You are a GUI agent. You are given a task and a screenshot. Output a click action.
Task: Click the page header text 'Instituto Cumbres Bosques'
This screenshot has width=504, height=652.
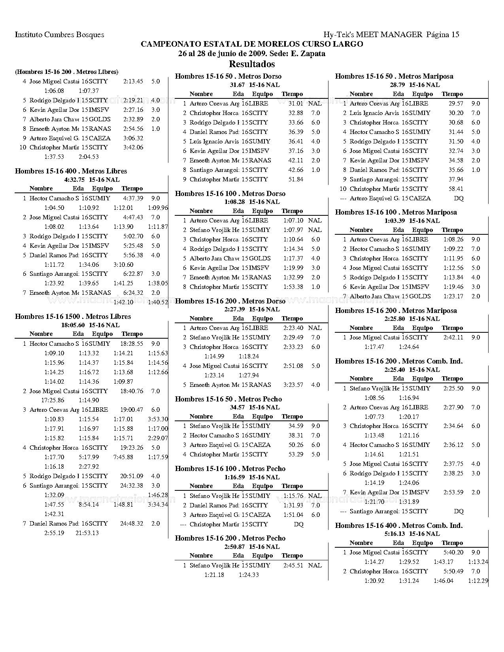[x=59, y=35]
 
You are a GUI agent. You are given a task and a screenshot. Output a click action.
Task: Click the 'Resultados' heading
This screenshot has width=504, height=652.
[x=252, y=64]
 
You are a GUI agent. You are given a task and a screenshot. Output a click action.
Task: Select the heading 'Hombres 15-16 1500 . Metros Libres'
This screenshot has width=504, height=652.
[x=73, y=317]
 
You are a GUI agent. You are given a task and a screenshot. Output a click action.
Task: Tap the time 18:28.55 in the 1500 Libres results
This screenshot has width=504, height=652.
[x=132, y=344]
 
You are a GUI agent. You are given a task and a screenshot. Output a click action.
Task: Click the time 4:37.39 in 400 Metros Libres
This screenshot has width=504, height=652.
[x=133, y=198]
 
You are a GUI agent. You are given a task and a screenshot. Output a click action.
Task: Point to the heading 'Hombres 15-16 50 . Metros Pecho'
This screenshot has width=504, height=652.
[x=228, y=399]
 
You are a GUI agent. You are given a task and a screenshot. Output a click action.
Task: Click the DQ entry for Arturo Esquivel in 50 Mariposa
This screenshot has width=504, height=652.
[x=459, y=198]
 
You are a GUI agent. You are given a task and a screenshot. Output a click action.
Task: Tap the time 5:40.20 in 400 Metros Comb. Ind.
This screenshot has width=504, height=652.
[x=453, y=552]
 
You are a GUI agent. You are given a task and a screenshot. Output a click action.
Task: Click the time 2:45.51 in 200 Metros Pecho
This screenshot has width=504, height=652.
[x=293, y=565]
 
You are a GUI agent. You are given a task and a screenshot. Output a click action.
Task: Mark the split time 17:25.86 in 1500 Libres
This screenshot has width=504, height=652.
[x=53, y=400]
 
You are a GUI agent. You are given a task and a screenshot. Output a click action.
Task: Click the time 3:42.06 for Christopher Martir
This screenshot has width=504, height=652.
[x=133, y=147]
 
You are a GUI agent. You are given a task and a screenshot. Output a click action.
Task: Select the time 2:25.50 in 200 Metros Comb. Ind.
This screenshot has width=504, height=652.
[x=453, y=388]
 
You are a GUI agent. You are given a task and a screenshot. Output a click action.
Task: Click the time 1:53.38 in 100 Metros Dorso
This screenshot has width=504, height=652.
[x=293, y=287]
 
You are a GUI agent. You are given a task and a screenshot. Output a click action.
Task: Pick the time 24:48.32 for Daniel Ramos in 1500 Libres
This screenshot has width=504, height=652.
[x=132, y=524]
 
